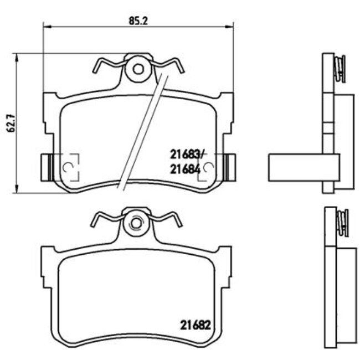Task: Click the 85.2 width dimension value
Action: (136, 21)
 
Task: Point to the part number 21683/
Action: (187, 155)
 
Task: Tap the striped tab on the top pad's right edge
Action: (229, 166)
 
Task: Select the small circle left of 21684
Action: (208, 167)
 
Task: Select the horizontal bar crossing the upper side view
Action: (303, 167)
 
